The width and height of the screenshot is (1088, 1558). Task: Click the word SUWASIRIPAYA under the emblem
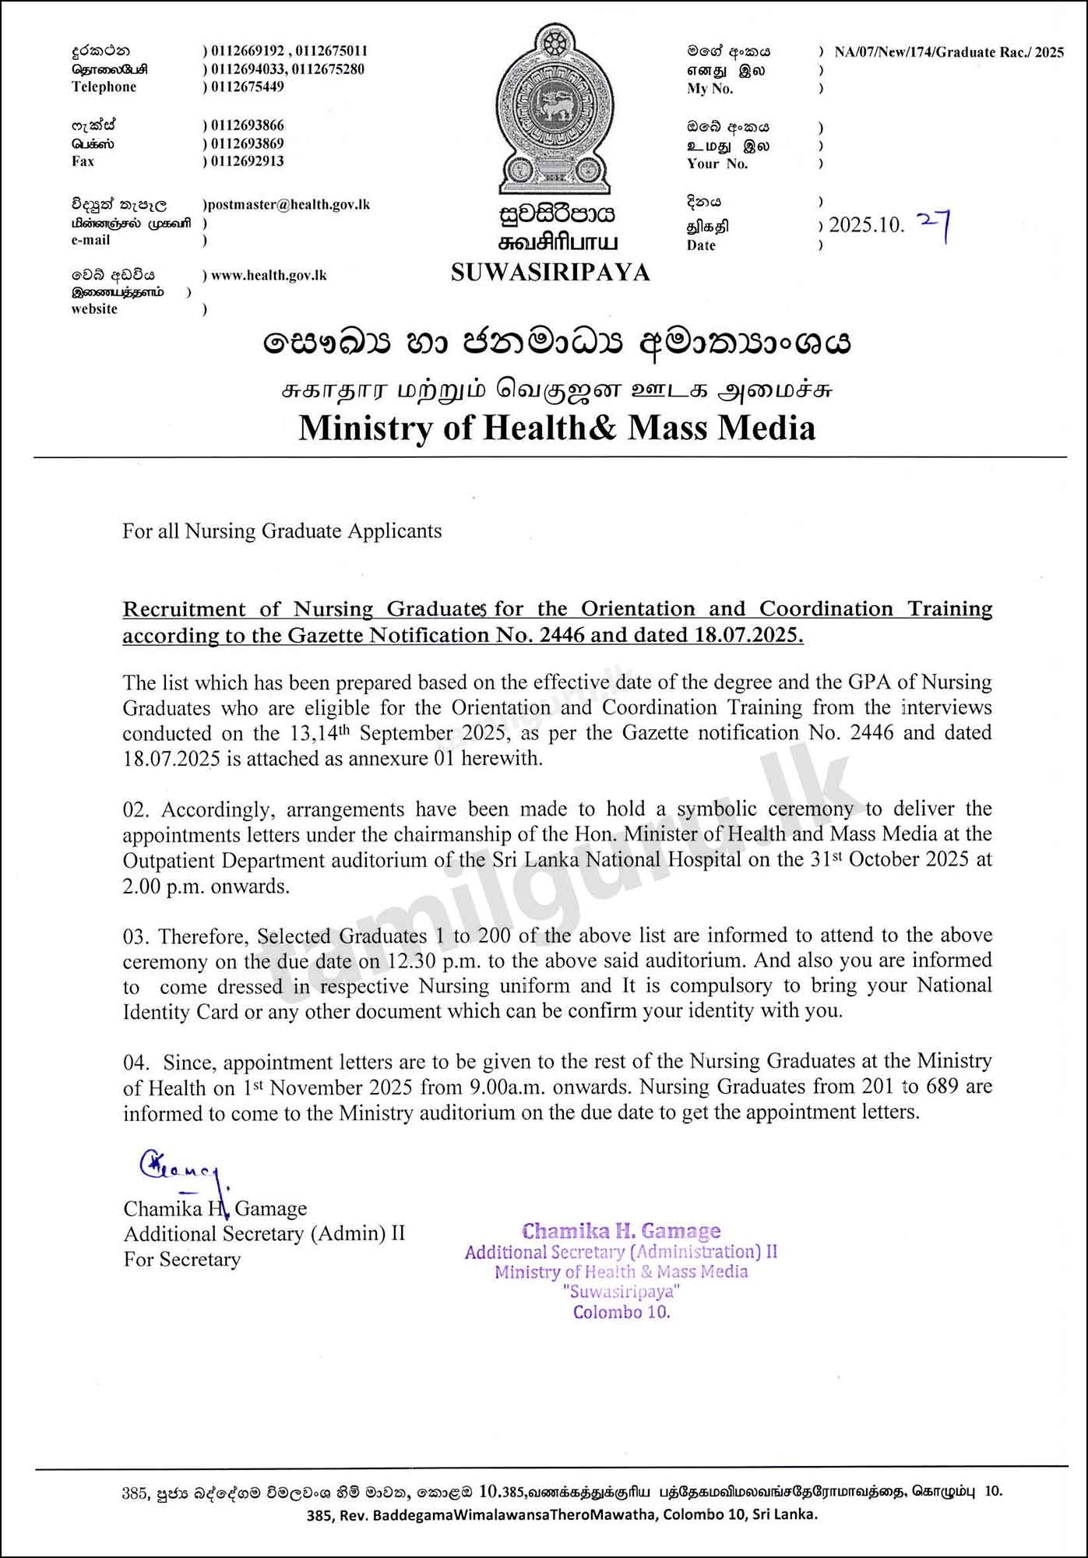point(550,273)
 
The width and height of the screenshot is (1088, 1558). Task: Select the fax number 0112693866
point(247,125)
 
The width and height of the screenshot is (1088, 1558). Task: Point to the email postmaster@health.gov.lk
point(287,205)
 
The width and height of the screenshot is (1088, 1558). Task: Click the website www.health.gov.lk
point(269,276)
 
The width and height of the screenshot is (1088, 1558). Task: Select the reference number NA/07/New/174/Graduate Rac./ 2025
point(949,52)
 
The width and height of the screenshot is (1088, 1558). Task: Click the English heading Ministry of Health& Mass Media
point(557,428)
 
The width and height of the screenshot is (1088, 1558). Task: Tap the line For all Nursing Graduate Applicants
point(282,531)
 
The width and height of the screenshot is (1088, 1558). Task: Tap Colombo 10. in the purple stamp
point(621,1312)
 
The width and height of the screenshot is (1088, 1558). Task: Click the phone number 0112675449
point(247,86)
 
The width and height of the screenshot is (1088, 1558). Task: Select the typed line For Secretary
point(182,1260)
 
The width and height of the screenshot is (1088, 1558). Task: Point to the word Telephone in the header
point(104,87)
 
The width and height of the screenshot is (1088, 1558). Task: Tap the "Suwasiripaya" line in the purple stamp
point(621,1292)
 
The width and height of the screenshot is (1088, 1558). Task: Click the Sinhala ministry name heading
point(557,344)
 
